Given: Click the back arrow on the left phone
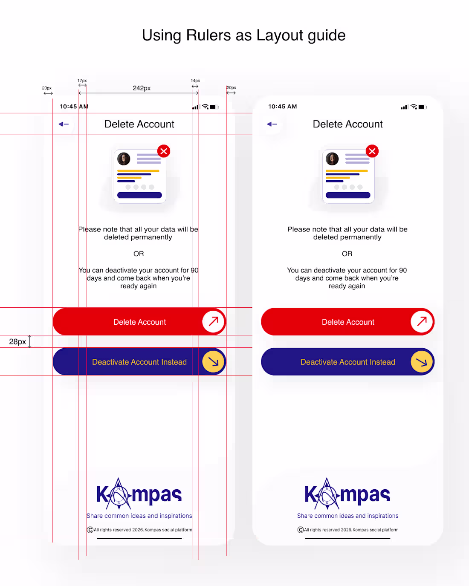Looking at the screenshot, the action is click(x=64, y=124).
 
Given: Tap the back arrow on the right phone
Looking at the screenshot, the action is click(x=272, y=124).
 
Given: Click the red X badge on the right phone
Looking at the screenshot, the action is click(x=372, y=151).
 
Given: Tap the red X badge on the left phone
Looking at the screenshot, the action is click(x=163, y=151).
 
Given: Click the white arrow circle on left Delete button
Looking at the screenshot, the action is click(x=213, y=321).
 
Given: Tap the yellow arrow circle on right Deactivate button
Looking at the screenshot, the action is click(x=421, y=362).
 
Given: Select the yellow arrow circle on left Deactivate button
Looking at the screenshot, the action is click(x=213, y=362).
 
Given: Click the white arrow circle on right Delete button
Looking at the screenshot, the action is click(x=421, y=321).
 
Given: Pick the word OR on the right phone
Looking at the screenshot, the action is click(x=347, y=254).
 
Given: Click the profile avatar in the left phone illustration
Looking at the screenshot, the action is click(x=124, y=159).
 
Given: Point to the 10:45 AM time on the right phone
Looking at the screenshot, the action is click(x=282, y=107).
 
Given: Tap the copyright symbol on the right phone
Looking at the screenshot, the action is click(x=300, y=530).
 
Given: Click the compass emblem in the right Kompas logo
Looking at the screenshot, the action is click(x=327, y=494).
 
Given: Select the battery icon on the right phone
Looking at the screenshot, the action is click(x=422, y=107).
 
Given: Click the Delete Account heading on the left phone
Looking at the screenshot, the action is click(x=139, y=124).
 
